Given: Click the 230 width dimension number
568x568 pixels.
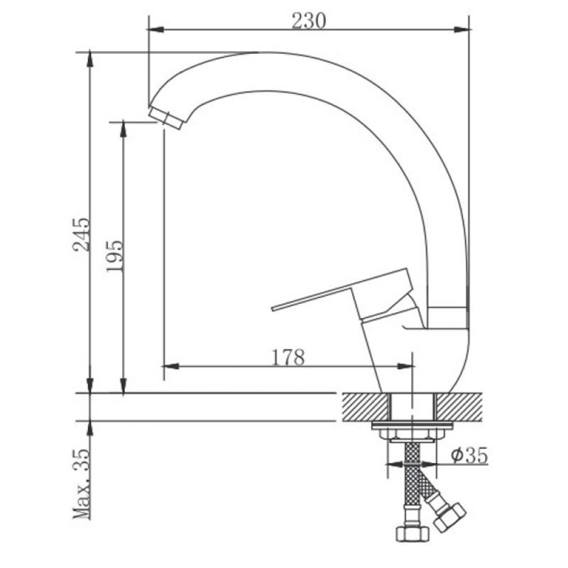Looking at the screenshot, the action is [x=309, y=21].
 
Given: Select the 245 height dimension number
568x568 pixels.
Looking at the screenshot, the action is [x=80, y=234].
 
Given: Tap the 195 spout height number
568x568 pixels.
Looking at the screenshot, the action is [x=115, y=256].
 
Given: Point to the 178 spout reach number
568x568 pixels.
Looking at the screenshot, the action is [x=288, y=357].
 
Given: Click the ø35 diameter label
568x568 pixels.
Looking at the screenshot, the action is [x=469, y=455].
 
